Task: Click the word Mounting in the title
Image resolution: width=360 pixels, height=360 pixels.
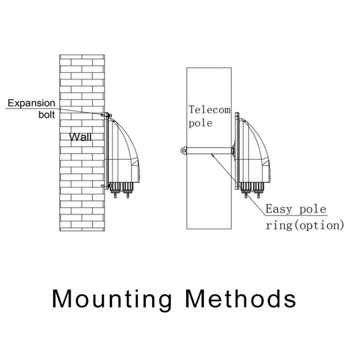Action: tap(112, 299)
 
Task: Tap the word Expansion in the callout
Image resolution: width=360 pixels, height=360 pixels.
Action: tap(31, 103)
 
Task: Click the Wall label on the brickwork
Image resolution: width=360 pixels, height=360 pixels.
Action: tap(80, 138)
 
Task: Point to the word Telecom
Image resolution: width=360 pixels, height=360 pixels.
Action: tap(210, 110)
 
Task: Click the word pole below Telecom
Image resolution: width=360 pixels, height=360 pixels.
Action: tap(200, 123)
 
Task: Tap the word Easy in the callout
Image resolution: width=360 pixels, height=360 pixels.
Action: tap(278, 209)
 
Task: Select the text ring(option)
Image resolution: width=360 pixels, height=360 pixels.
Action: tap(304, 225)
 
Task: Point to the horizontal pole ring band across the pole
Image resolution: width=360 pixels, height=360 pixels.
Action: tap(209, 151)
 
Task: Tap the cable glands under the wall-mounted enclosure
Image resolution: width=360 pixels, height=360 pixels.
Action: tap(121, 191)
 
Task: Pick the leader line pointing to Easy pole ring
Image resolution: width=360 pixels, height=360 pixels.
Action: tap(238, 183)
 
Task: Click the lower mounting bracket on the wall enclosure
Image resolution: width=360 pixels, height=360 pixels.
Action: tap(104, 185)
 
